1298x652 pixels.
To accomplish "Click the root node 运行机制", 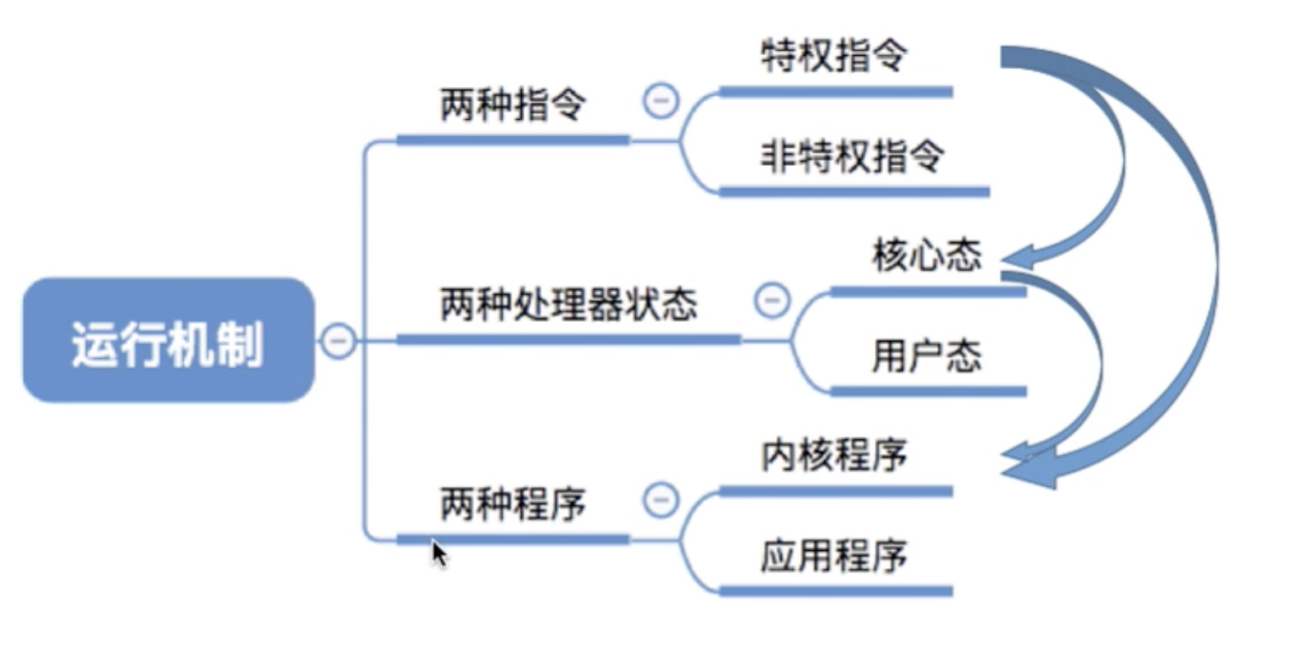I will pyautogui.click(x=168, y=341).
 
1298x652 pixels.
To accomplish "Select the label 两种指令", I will pyautogui.click(x=513, y=105).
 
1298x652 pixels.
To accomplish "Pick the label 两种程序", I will pyautogui.click(x=513, y=503).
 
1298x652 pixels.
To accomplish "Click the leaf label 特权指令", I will pyautogui.click(x=834, y=56).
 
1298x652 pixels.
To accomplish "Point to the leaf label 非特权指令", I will pyautogui.click(x=853, y=156).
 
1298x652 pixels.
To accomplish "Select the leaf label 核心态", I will pyautogui.click(x=927, y=255).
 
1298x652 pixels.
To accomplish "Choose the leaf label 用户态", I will pyautogui.click(x=927, y=356).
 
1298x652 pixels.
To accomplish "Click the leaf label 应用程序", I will pyautogui.click(x=834, y=556).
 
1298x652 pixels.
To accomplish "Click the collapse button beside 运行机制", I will pyautogui.click(x=338, y=340).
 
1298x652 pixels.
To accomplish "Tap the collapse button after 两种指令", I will pyautogui.click(x=661, y=101).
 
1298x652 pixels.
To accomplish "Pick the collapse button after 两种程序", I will pyautogui.click(x=661, y=499).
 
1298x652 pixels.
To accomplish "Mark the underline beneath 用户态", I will pyautogui.click(x=928, y=392).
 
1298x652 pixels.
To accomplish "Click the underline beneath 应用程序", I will pyautogui.click(x=835, y=591).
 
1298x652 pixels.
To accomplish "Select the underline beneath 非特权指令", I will pyautogui.click(x=854, y=192).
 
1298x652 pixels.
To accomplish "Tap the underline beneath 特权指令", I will pyautogui.click(x=835, y=92).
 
